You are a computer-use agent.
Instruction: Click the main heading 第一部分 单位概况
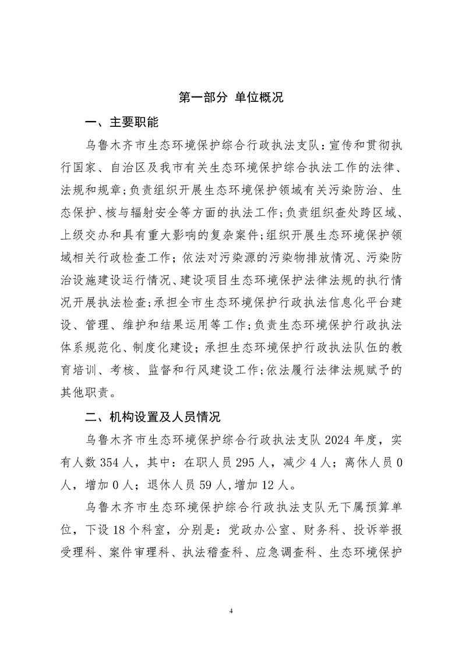point(231,97)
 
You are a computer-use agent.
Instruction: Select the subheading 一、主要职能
point(121,123)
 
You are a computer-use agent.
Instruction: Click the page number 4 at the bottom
point(231,611)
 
